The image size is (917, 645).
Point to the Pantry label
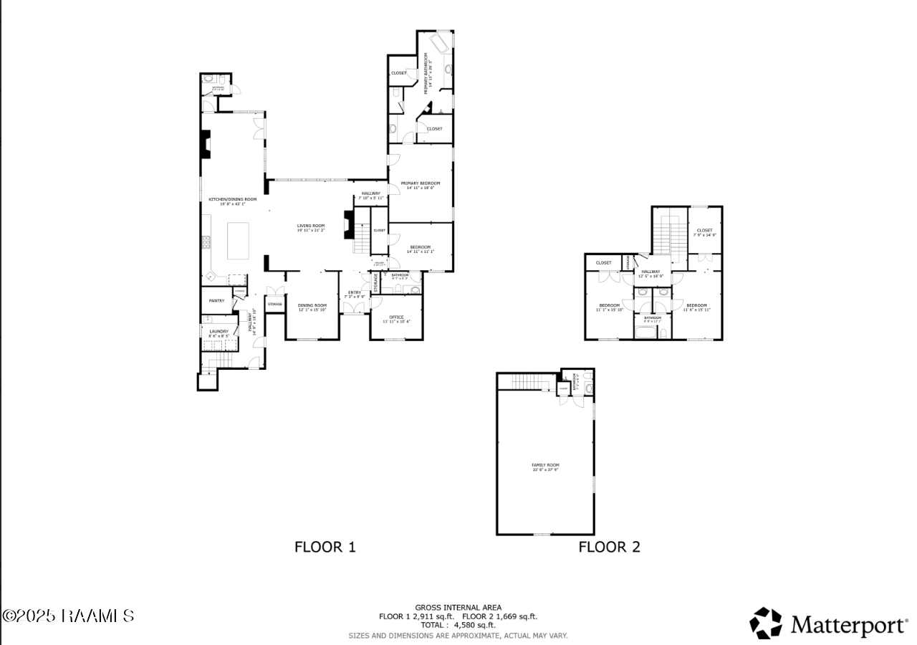pos(217,301)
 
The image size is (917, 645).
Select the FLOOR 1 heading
pos(325,547)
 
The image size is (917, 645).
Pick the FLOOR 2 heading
pos(609,547)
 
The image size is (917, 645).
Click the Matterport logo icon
pos(766,623)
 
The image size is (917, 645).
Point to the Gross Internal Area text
pos(458,607)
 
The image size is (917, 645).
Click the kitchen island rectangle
pos(238,241)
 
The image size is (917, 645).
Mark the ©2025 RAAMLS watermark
pos(69,616)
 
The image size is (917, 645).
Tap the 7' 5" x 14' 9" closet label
pos(704,232)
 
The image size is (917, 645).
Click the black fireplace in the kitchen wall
pos(206,144)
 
